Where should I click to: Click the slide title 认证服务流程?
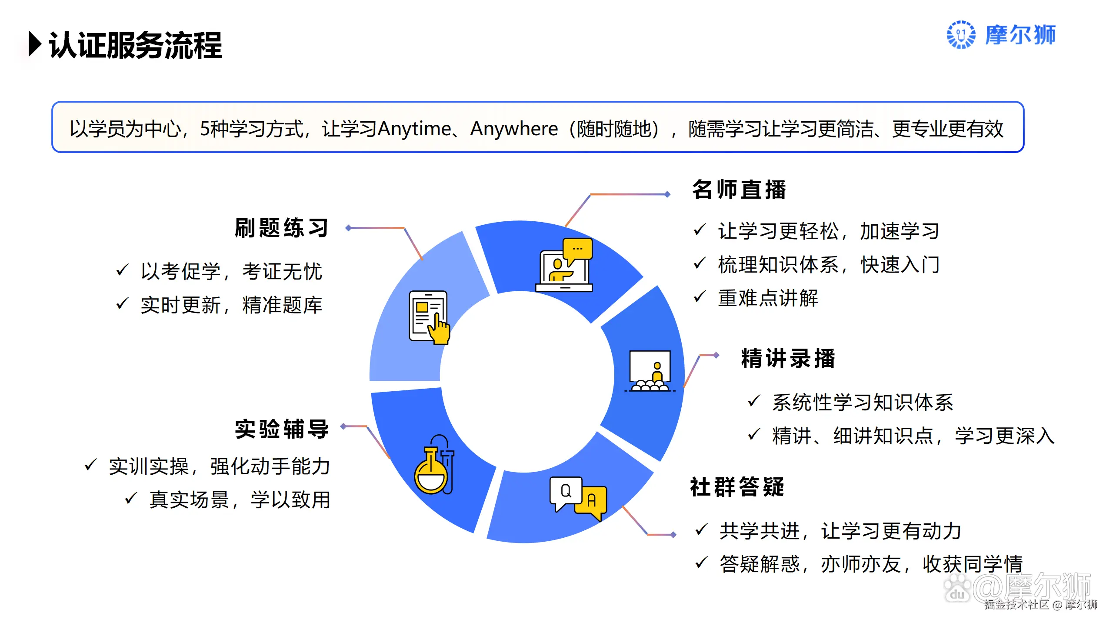click(x=135, y=45)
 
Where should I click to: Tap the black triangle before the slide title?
click(x=35, y=44)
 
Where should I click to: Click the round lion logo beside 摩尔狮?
click(x=961, y=35)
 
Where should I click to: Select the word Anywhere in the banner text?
click(x=514, y=129)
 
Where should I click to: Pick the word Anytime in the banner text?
click(x=415, y=129)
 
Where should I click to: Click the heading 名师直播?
click(x=739, y=190)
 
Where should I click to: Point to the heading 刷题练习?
click(x=282, y=228)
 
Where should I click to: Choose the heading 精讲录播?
click(x=788, y=359)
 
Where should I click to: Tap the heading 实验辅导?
click(x=282, y=430)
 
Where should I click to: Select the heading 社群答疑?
click(x=737, y=487)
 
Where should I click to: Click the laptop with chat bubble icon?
click(x=564, y=265)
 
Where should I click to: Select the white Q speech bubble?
click(x=566, y=492)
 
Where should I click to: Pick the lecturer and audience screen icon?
click(x=650, y=371)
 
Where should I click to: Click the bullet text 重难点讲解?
click(x=768, y=298)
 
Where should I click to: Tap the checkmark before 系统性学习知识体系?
click(x=754, y=400)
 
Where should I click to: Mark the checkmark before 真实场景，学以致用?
click(x=131, y=498)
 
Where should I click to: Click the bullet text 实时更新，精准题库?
click(x=231, y=305)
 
